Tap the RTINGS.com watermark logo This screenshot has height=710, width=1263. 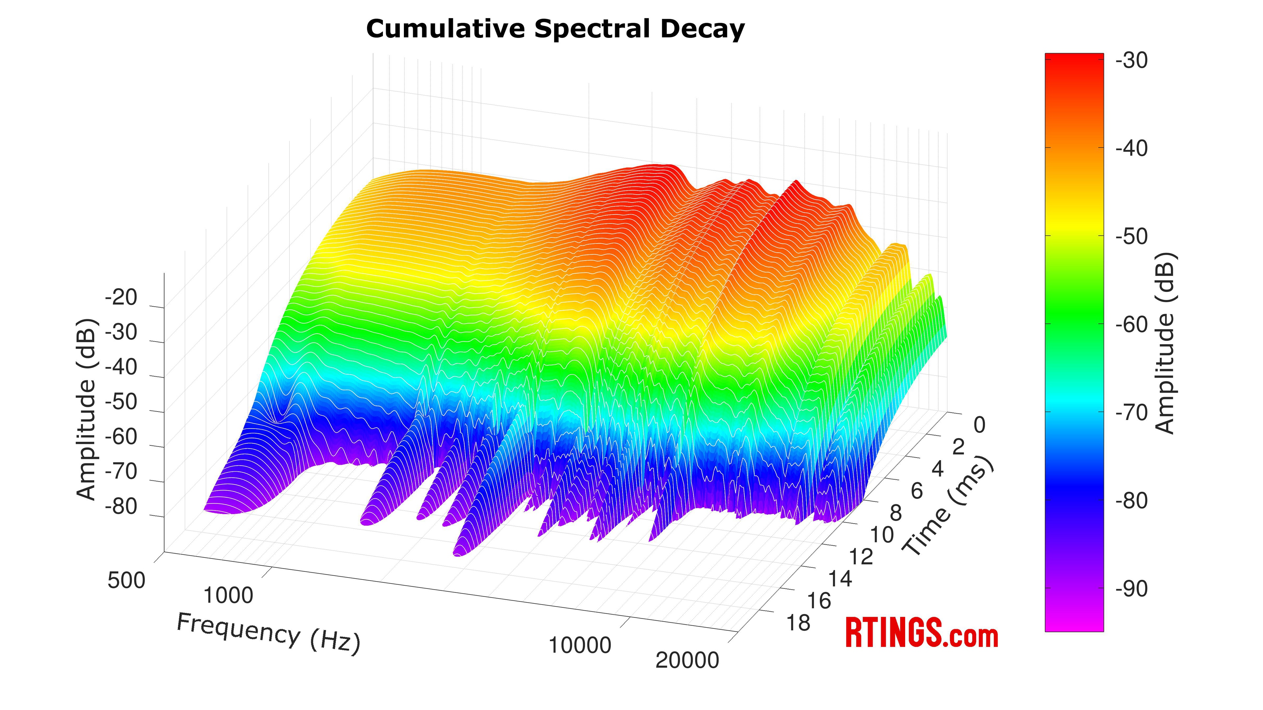coord(921,633)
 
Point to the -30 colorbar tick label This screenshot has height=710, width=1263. coord(1131,61)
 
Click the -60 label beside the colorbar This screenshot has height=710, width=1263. coord(1131,324)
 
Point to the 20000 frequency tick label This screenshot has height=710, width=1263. coord(687,660)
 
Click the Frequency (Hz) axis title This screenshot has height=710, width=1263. coord(268,633)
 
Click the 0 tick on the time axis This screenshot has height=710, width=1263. coord(979,425)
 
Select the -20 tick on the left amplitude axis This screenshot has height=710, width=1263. coord(121,297)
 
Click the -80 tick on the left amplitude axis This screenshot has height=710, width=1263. coord(121,507)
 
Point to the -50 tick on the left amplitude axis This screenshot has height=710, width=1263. coord(121,402)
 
